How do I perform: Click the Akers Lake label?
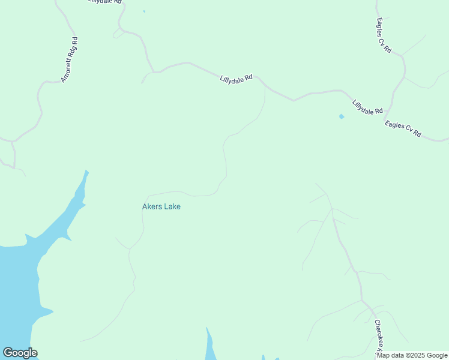coord(161,206)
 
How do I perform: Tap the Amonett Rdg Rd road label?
coord(70,59)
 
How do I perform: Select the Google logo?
coord(20,353)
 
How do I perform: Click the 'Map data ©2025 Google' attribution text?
coord(412,355)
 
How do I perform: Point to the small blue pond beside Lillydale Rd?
coord(342,116)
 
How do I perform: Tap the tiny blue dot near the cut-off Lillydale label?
coord(144,11)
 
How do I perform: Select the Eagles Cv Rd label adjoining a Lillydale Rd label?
coord(403,129)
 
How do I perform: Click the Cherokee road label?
coord(379,336)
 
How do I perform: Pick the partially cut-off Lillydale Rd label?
coord(104,2)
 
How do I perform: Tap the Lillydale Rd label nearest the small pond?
coord(367,107)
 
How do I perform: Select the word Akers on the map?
coord(152,206)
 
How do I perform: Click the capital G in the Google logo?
coord(8,353)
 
